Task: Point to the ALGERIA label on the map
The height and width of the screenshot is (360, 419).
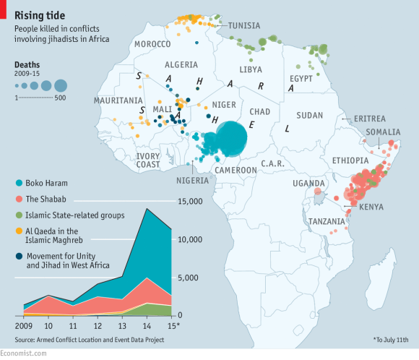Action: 181,64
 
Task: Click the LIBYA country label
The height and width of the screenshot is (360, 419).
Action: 251,69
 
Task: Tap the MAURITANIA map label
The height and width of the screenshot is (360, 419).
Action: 117,100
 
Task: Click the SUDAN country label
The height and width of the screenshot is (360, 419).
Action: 310,115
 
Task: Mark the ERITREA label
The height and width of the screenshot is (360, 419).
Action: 370,119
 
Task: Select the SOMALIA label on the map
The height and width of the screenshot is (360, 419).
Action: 383,132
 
